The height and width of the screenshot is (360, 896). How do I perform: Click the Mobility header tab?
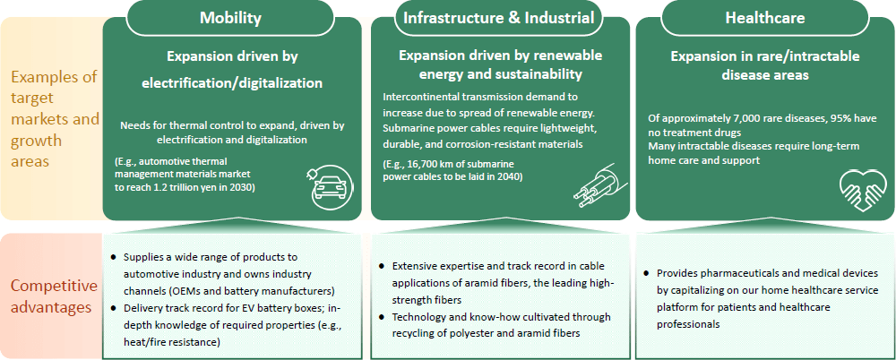click(x=230, y=18)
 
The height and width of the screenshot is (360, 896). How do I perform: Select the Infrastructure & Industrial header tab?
click(x=499, y=18)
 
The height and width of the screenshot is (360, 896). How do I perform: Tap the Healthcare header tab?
click(x=764, y=18)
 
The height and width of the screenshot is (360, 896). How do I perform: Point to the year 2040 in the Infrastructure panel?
click(x=507, y=176)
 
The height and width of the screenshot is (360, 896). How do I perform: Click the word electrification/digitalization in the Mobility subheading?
click(x=231, y=83)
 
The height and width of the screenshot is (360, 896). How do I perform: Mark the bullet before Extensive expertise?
click(x=381, y=267)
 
